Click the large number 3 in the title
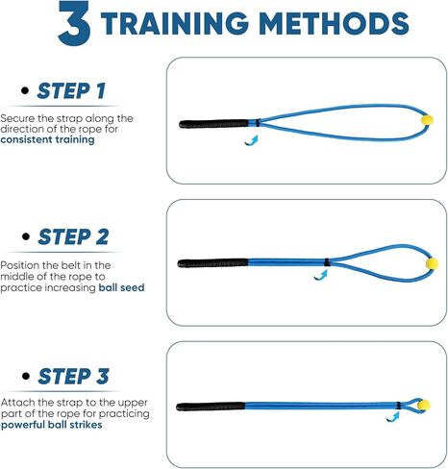(74, 23)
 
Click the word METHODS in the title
(334, 23)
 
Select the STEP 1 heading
(71, 90)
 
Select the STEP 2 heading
(73, 236)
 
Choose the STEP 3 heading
(73, 376)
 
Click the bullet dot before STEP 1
(25, 90)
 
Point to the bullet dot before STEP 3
(26, 376)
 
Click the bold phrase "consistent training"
(47, 139)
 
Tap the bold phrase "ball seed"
(121, 287)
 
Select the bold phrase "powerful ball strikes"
(52, 425)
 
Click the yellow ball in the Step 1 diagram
(427, 120)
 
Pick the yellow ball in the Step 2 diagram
(432, 263)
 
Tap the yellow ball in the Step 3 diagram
(424, 405)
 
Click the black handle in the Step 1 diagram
(213, 124)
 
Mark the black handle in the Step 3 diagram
(211, 407)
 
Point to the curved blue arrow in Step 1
(252, 140)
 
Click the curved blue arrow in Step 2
(321, 275)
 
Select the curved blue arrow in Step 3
(393, 417)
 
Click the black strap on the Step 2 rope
(327, 262)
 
